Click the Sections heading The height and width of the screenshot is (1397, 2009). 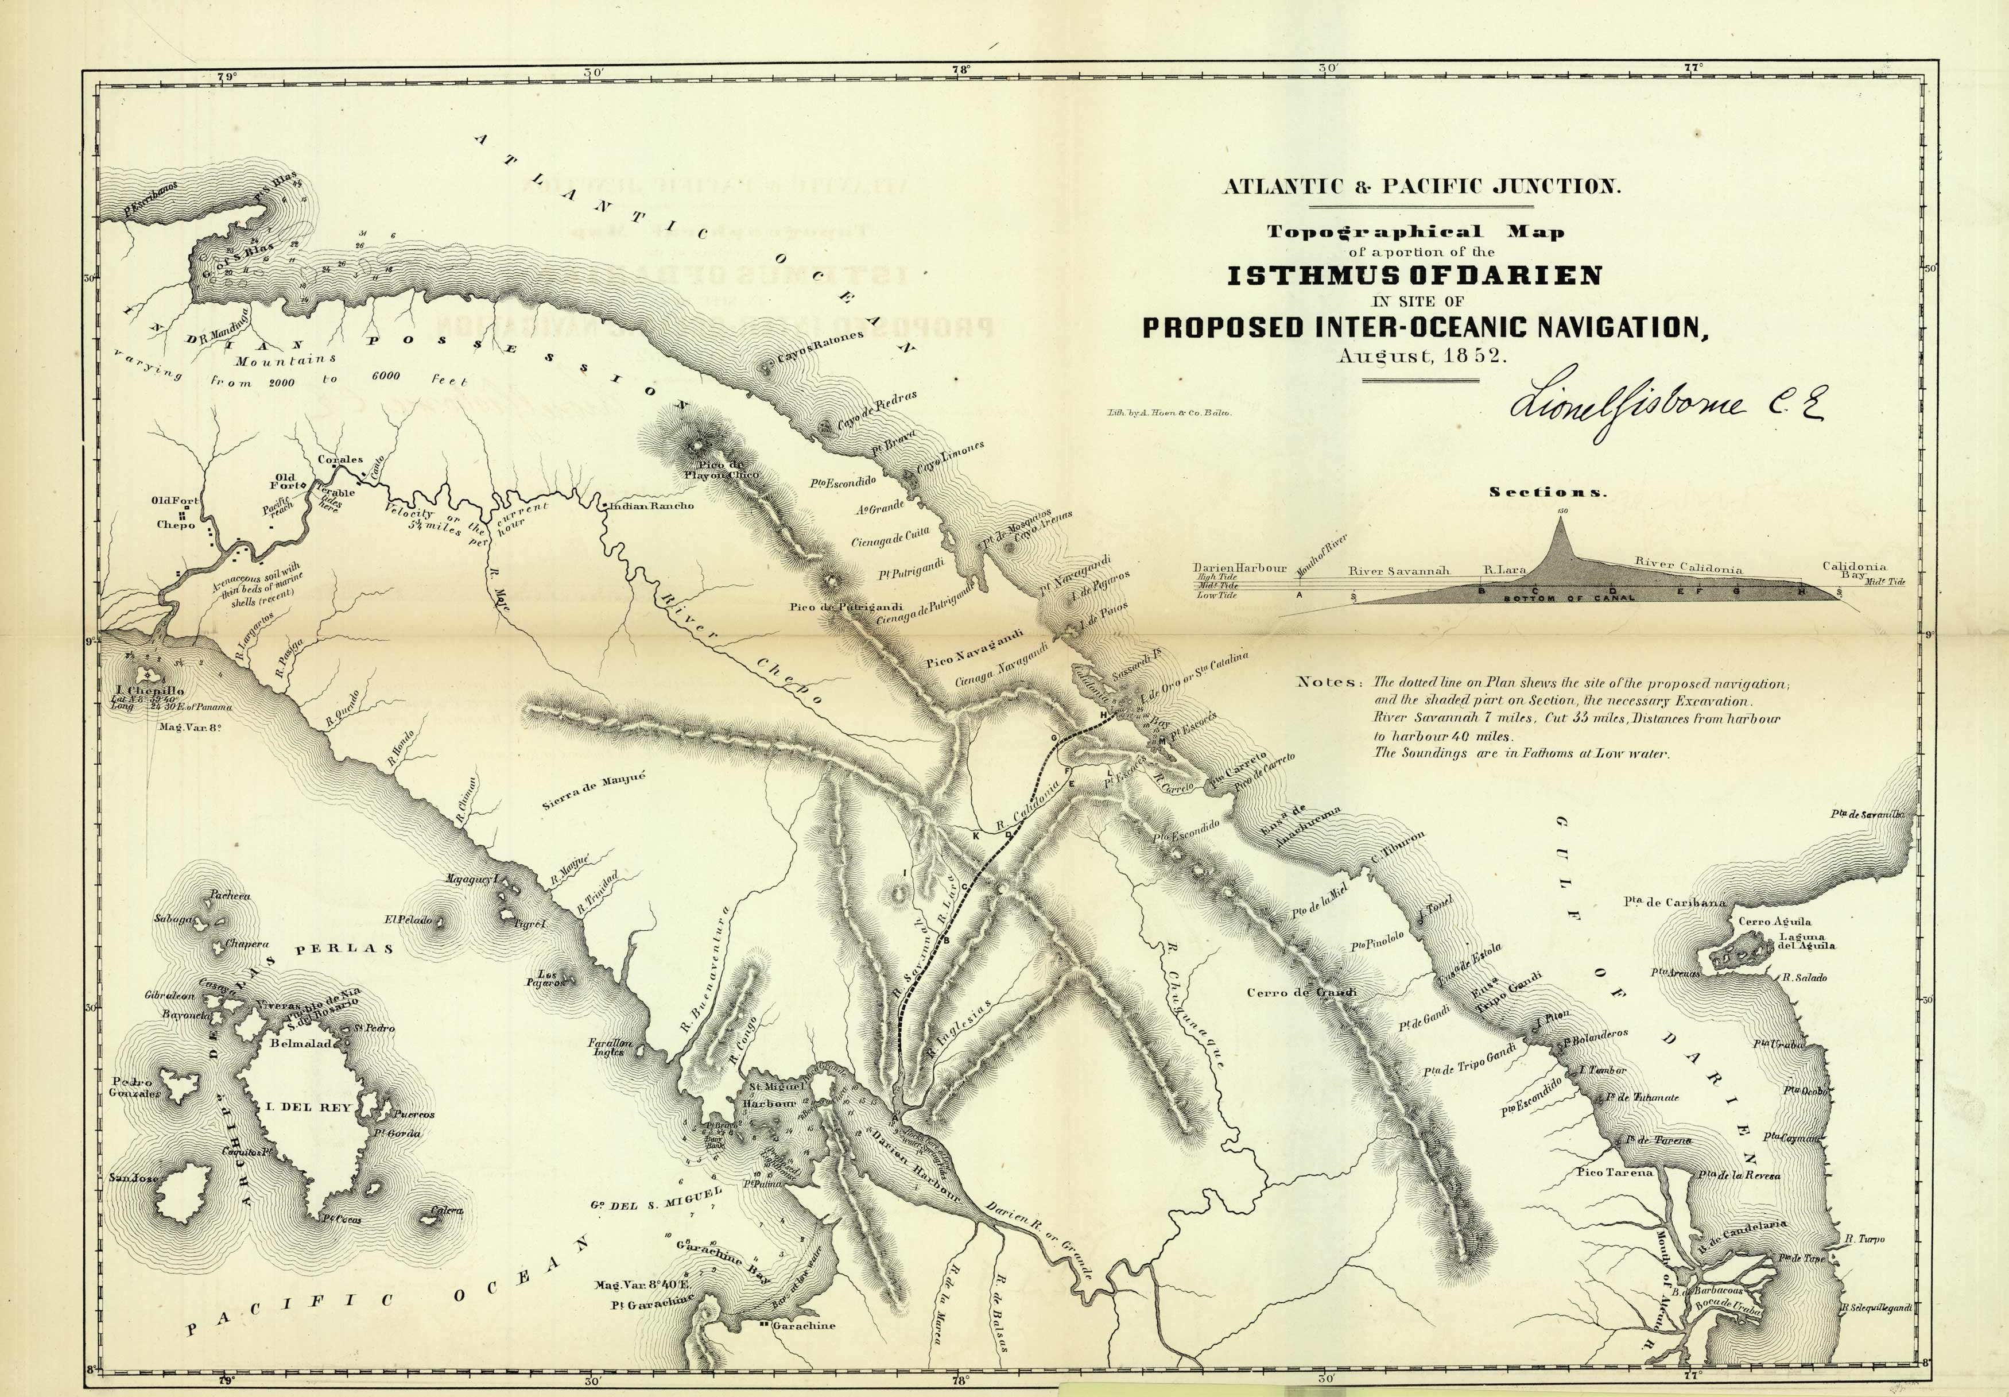click(x=1548, y=492)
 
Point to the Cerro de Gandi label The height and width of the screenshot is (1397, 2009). click(x=1301, y=993)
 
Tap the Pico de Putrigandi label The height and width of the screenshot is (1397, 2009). click(x=833, y=606)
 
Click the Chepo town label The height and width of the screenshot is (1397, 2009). click(x=175, y=525)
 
